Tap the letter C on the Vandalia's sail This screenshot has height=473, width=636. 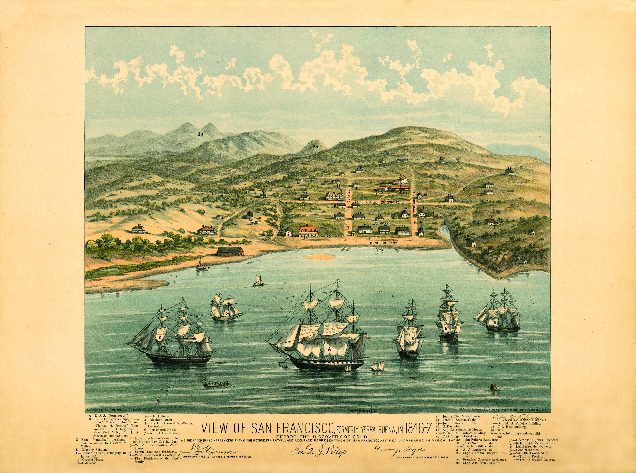coord(160,338)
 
